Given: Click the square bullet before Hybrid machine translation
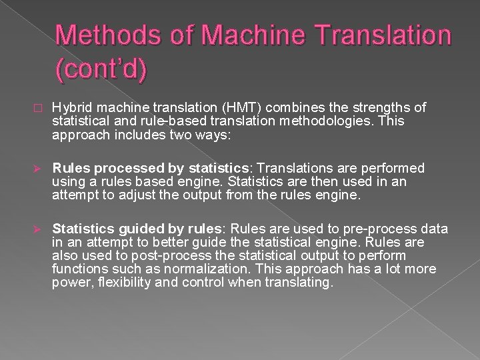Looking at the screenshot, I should click(39, 108).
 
